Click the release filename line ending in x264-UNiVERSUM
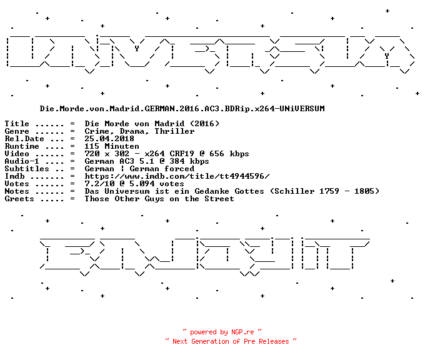point(182,109)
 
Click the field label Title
point(17,124)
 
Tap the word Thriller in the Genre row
point(174,131)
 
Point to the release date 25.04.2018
point(109,139)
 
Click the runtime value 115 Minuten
point(112,146)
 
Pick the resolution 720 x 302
point(107,154)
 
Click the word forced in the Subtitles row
point(179,169)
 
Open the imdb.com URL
point(177,176)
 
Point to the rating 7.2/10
point(99,184)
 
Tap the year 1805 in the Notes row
point(364,191)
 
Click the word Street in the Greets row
point(219,199)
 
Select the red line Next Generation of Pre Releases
point(231,341)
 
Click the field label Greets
point(19,199)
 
